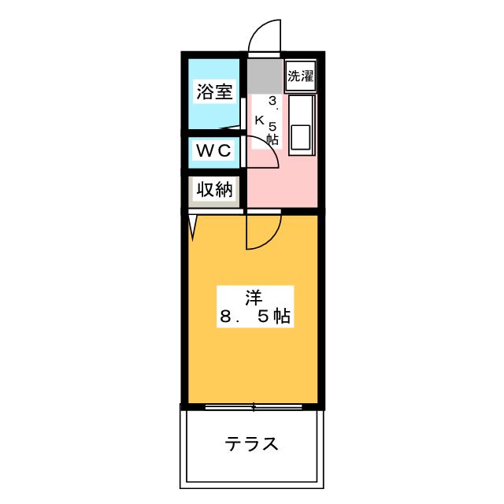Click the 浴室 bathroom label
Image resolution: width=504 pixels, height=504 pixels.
(x=214, y=91)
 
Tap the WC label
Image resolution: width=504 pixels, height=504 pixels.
(x=213, y=150)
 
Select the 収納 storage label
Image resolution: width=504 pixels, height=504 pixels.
(x=214, y=189)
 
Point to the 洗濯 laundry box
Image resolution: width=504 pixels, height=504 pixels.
(x=300, y=76)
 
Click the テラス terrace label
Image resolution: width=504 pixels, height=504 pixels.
(x=251, y=444)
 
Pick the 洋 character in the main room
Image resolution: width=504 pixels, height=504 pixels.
(x=254, y=298)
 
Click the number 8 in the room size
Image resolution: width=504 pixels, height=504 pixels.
(x=226, y=317)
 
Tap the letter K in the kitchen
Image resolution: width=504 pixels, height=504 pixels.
(x=259, y=120)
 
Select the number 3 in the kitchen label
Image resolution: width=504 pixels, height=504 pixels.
(x=272, y=101)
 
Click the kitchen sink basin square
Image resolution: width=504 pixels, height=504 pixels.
(x=300, y=136)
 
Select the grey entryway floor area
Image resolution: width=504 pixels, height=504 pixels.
(x=265, y=76)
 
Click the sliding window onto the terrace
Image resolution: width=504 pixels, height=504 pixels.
(x=254, y=407)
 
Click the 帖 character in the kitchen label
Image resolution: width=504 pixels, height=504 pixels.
(x=272, y=139)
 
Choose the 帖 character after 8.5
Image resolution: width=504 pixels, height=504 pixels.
(x=282, y=317)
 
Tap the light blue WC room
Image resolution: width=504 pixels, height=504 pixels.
(x=214, y=152)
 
